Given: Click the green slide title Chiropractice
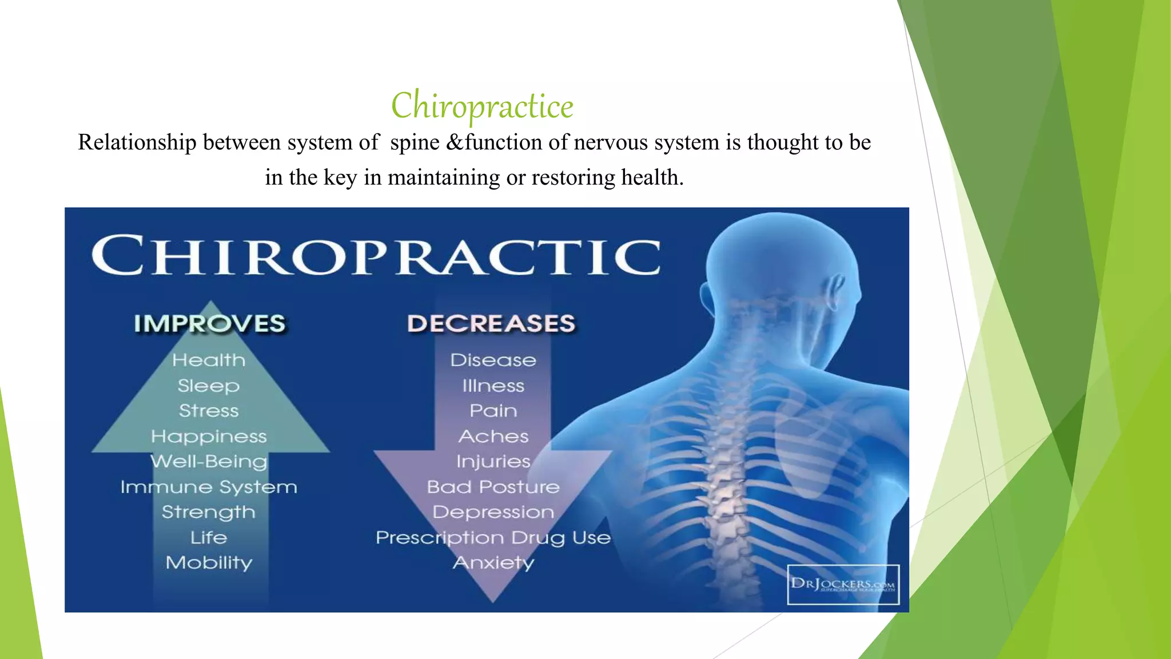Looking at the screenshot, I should click(482, 106).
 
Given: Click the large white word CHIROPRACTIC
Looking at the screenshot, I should click(376, 256).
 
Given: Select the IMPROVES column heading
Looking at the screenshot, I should click(209, 324).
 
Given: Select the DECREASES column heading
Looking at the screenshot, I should click(491, 324).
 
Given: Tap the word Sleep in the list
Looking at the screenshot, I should click(209, 386).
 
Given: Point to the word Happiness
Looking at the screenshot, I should click(209, 437).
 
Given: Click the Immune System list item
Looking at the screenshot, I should click(209, 487).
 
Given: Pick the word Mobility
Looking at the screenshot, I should click(209, 563).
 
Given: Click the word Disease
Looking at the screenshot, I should click(493, 360).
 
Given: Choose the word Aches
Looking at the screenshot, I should click(493, 437).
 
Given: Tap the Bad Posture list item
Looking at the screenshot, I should click(493, 487).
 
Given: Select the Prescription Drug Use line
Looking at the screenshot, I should click(493, 538).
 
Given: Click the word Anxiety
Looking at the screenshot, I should click(493, 563).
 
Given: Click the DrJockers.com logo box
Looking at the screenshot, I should click(843, 585).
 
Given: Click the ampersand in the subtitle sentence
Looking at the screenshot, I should click(455, 142).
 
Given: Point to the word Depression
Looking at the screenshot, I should click(493, 513).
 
